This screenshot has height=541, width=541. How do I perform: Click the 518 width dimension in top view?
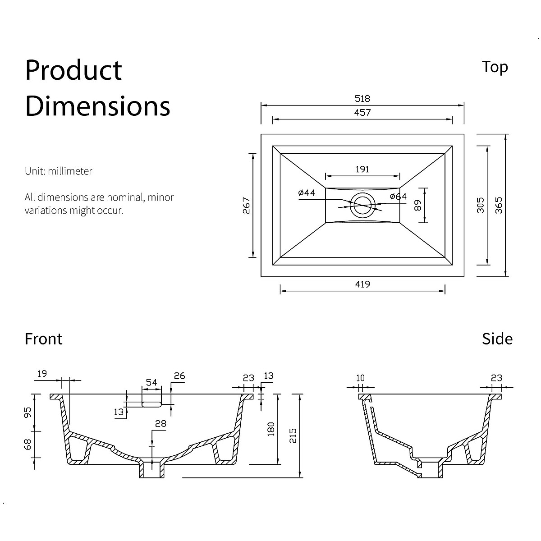(362, 99)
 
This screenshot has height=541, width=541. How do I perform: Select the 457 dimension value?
(362, 113)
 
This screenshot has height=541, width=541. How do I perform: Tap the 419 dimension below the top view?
(362, 284)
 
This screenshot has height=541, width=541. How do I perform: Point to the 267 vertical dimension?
(246, 206)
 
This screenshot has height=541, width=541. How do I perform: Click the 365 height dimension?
(498, 205)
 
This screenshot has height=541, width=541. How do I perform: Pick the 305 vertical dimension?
(481, 205)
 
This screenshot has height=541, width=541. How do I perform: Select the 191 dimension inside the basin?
(362, 169)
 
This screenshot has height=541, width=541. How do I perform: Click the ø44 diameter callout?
(307, 193)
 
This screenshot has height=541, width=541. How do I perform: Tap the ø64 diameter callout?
(398, 196)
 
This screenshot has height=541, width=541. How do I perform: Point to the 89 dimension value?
(418, 206)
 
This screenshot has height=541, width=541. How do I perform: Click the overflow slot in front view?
(151, 403)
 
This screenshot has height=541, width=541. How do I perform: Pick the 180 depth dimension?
(271, 429)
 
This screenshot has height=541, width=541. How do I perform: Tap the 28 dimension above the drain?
(160, 423)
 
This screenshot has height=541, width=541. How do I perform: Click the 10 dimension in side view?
(360, 378)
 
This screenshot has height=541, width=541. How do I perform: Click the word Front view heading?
(44, 339)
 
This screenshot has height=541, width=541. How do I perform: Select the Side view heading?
(497, 339)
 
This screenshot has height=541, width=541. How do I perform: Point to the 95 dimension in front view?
(28, 413)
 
